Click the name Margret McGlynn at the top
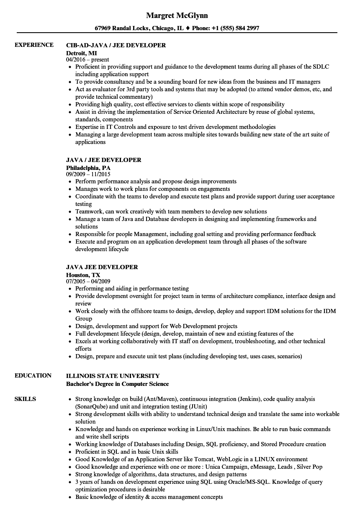tap(177, 15)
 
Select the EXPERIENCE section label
tap(34, 45)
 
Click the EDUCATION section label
tap(33, 375)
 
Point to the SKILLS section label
tap(25, 399)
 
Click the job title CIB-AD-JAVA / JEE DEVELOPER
tap(116, 45)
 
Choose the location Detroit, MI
tap(82, 53)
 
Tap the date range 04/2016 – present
tap(87, 60)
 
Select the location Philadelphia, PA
tap(88, 167)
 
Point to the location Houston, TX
tap(83, 275)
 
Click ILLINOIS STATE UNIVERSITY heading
tap(113, 376)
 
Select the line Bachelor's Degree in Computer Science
tap(118, 384)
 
